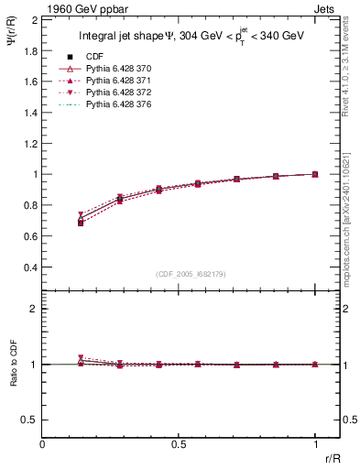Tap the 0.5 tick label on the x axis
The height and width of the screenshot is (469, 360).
coord(179,444)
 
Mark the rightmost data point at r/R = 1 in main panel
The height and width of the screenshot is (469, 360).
coord(315,174)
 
